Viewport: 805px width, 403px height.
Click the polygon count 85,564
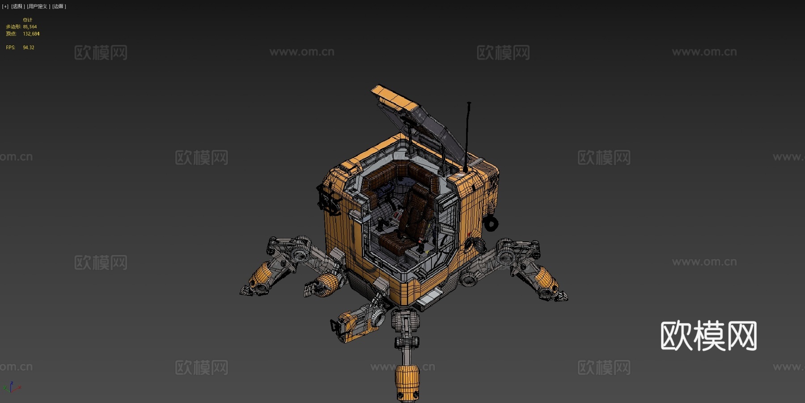point(30,27)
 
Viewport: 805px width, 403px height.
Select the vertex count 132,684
point(31,34)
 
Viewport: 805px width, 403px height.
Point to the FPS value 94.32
point(28,47)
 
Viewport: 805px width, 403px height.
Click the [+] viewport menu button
point(5,6)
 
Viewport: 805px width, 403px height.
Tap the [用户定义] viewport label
point(38,6)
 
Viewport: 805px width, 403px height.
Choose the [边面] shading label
point(59,6)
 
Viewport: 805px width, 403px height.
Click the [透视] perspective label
point(18,6)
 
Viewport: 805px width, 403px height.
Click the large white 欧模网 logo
point(708,336)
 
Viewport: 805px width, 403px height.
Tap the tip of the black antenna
point(469,104)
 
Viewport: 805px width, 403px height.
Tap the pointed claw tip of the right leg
point(565,297)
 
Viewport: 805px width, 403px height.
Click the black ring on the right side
point(491,223)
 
